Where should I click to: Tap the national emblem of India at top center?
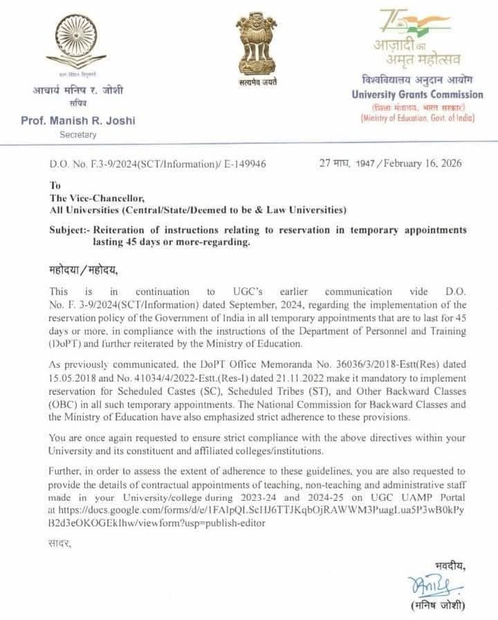tap(249, 42)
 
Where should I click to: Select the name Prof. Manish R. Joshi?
tap(78, 121)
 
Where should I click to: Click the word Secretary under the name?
tap(77, 135)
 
